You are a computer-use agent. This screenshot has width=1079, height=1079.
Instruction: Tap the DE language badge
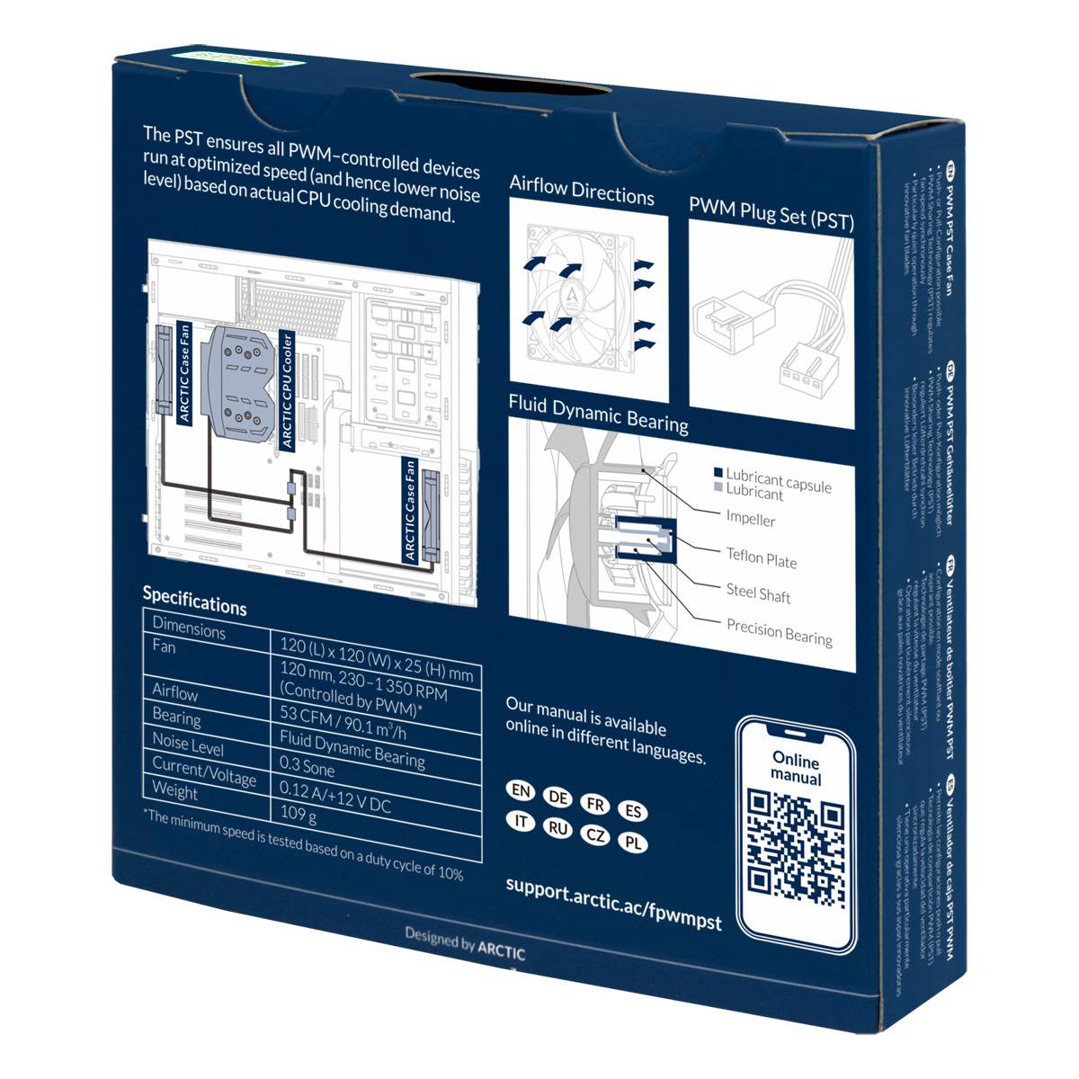558,798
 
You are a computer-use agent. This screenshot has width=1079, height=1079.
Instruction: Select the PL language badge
634,843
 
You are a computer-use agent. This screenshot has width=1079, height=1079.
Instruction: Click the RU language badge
558,828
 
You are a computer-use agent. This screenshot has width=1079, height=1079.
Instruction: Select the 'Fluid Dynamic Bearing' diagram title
598,413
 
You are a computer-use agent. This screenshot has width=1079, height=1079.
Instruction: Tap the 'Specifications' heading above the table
194,600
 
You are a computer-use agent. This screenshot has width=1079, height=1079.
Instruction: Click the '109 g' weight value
299,815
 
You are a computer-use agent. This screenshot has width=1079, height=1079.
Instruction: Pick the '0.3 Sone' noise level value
308,767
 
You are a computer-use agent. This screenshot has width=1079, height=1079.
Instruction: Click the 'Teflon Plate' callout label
762,558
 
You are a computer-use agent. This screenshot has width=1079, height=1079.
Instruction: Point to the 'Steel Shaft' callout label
758,593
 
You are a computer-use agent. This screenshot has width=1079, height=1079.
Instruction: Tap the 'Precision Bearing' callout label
779,633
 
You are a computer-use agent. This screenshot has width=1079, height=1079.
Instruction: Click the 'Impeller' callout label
750,519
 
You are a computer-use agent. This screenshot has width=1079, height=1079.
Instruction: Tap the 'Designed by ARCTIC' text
464,941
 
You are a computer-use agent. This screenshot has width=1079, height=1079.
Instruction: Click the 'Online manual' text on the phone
796,767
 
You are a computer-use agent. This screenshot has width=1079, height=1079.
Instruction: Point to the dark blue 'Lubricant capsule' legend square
718,473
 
